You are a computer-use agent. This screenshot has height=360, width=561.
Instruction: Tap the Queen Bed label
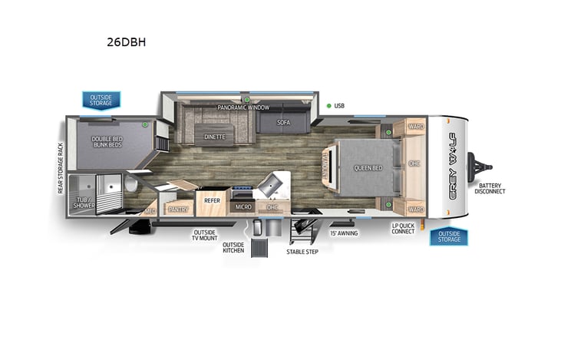[x=368, y=167]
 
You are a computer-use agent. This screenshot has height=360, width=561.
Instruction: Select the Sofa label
[x=284, y=122]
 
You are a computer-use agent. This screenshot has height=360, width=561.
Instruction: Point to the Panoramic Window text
[x=242, y=108]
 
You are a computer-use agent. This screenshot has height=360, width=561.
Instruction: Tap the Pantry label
[x=179, y=207]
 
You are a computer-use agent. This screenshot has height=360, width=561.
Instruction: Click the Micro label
[x=243, y=207]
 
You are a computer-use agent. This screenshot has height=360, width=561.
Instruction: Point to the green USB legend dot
[x=328, y=106]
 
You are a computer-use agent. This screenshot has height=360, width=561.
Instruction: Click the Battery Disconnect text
[x=492, y=188]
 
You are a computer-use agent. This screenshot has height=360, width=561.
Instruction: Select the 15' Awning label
[x=344, y=233]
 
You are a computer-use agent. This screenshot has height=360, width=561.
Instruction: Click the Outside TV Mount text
[x=203, y=235]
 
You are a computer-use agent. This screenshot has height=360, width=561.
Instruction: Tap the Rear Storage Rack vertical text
[x=60, y=167]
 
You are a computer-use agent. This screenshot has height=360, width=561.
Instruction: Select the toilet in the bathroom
[x=130, y=185]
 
